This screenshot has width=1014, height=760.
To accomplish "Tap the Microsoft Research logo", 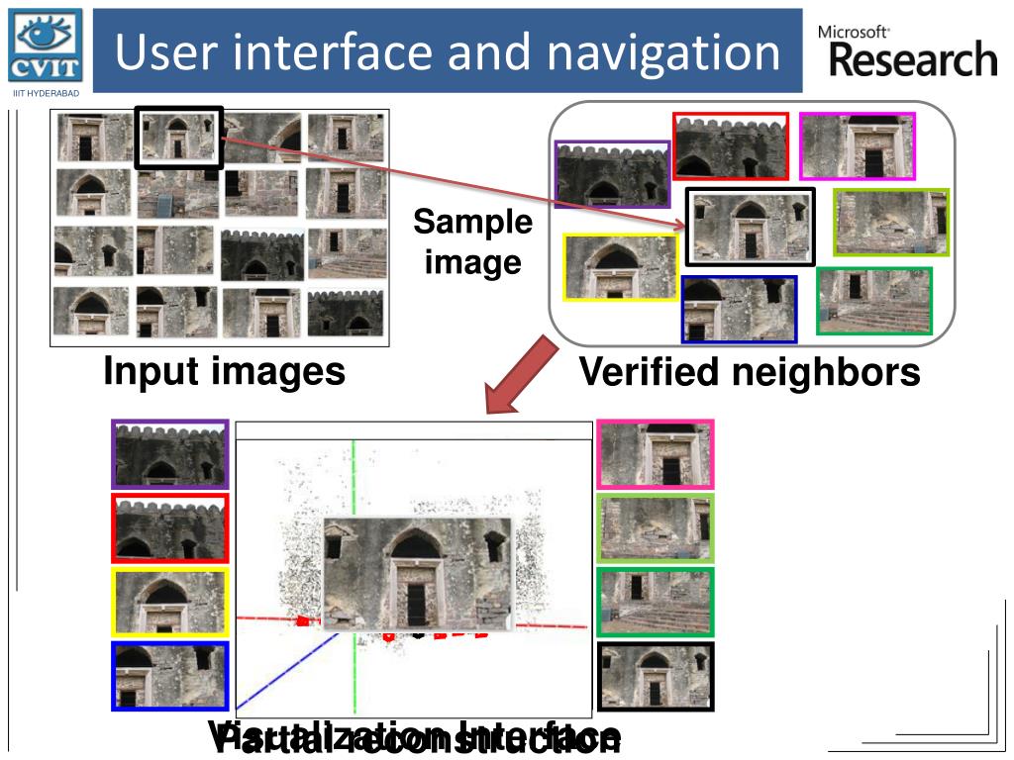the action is pyautogui.click(x=907, y=52).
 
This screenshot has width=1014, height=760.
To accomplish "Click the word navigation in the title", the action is pyautogui.click(x=664, y=52).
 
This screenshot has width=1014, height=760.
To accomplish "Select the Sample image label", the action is pyautogui.click(x=472, y=242).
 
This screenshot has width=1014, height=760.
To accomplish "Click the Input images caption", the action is pyautogui.click(x=225, y=372).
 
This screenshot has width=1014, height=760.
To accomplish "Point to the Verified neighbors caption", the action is pyautogui.click(x=749, y=373).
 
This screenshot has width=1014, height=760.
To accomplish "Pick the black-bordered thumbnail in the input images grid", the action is pyautogui.click(x=179, y=137).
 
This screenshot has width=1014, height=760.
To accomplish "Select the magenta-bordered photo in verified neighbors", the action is pyautogui.click(x=857, y=146).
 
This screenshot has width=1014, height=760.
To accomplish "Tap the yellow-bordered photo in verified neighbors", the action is pyautogui.click(x=620, y=267).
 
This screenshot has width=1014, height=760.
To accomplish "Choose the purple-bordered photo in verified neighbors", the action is pyautogui.click(x=612, y=174).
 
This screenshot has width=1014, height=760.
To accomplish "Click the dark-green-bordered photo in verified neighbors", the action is pyautogui.click(x=874, y=301).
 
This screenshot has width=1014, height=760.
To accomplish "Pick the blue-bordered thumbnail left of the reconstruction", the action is pyautogui.click(x=170, y=676).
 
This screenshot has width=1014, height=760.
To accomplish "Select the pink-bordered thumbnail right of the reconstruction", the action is pyautogui.click(x=655, y=454).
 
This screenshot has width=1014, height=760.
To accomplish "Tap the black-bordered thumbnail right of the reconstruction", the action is pyautogui.click(x=655, y=676).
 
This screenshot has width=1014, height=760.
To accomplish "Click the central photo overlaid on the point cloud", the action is pyautogui.click(x=418, y=574).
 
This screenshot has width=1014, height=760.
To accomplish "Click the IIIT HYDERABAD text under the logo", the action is pyautogui.click(x=45, y=94).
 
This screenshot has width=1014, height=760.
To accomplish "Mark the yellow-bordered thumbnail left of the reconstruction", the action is pyautogui.click(x=170, y=602).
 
